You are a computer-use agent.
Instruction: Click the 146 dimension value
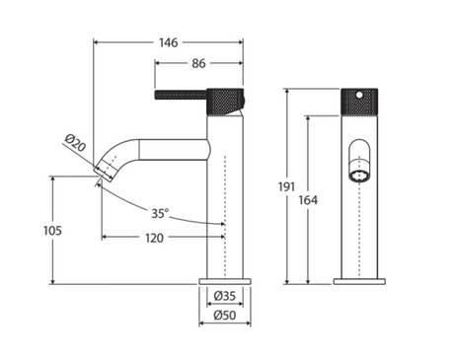pyautogui.click(x=169, y=42)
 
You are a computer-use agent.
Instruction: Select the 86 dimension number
pyautogui.click(x=198, y=63)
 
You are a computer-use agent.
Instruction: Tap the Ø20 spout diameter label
pyautogui.click(x=75, y=143)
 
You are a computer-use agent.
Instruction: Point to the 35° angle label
pyautogui.click(x=160, y=213)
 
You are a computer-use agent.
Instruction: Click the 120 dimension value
pyautogui.click(x=154, y=238)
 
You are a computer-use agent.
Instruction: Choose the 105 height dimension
pyautogui.click(x=52, y=231)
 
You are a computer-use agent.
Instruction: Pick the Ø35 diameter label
pyautogui.click(x=225, y=296)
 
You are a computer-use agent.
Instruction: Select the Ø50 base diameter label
pyautogui.click(x=225, y=315)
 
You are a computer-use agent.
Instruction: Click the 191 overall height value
pyautogui.click(x=286, y=186)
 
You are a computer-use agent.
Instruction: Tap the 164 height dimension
pyautogui.click(x=308, y=200)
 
